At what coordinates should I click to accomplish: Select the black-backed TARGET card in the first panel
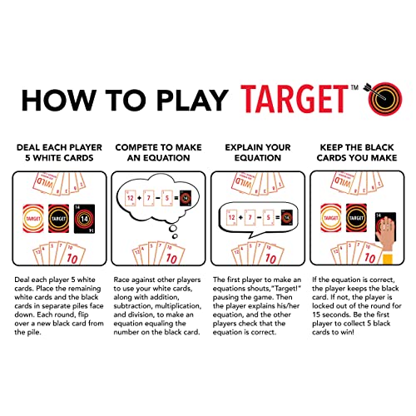58,218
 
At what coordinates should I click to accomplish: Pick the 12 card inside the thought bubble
132,199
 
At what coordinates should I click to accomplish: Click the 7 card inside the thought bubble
156,199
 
